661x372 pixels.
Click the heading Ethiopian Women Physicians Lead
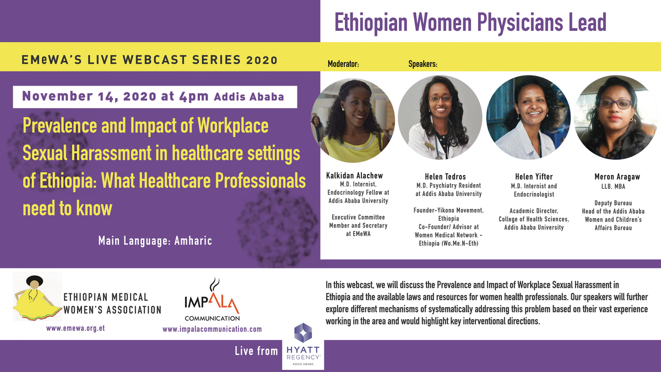tap(470, 22)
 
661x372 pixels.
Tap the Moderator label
tap(343, 64)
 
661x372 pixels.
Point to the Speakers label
tap(422, 64)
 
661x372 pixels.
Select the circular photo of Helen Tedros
tap(440, 117)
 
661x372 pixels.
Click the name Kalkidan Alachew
tap(355, 176)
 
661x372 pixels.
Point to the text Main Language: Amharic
tap(155, 241)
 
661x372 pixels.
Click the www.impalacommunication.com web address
tap(212, 329)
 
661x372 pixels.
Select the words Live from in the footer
tap(256, 351)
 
